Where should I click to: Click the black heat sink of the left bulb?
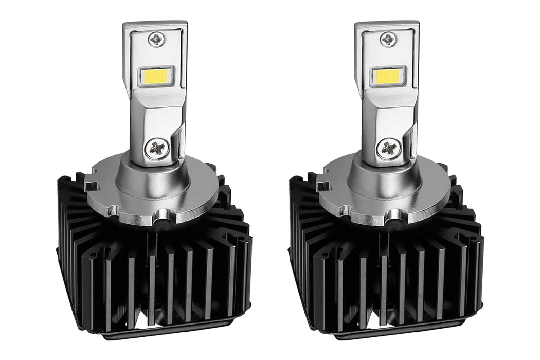point(154,273)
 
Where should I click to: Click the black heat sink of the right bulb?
point(386,273)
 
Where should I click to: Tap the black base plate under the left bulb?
point(154,332)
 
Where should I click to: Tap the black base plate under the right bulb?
point(386,332)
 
